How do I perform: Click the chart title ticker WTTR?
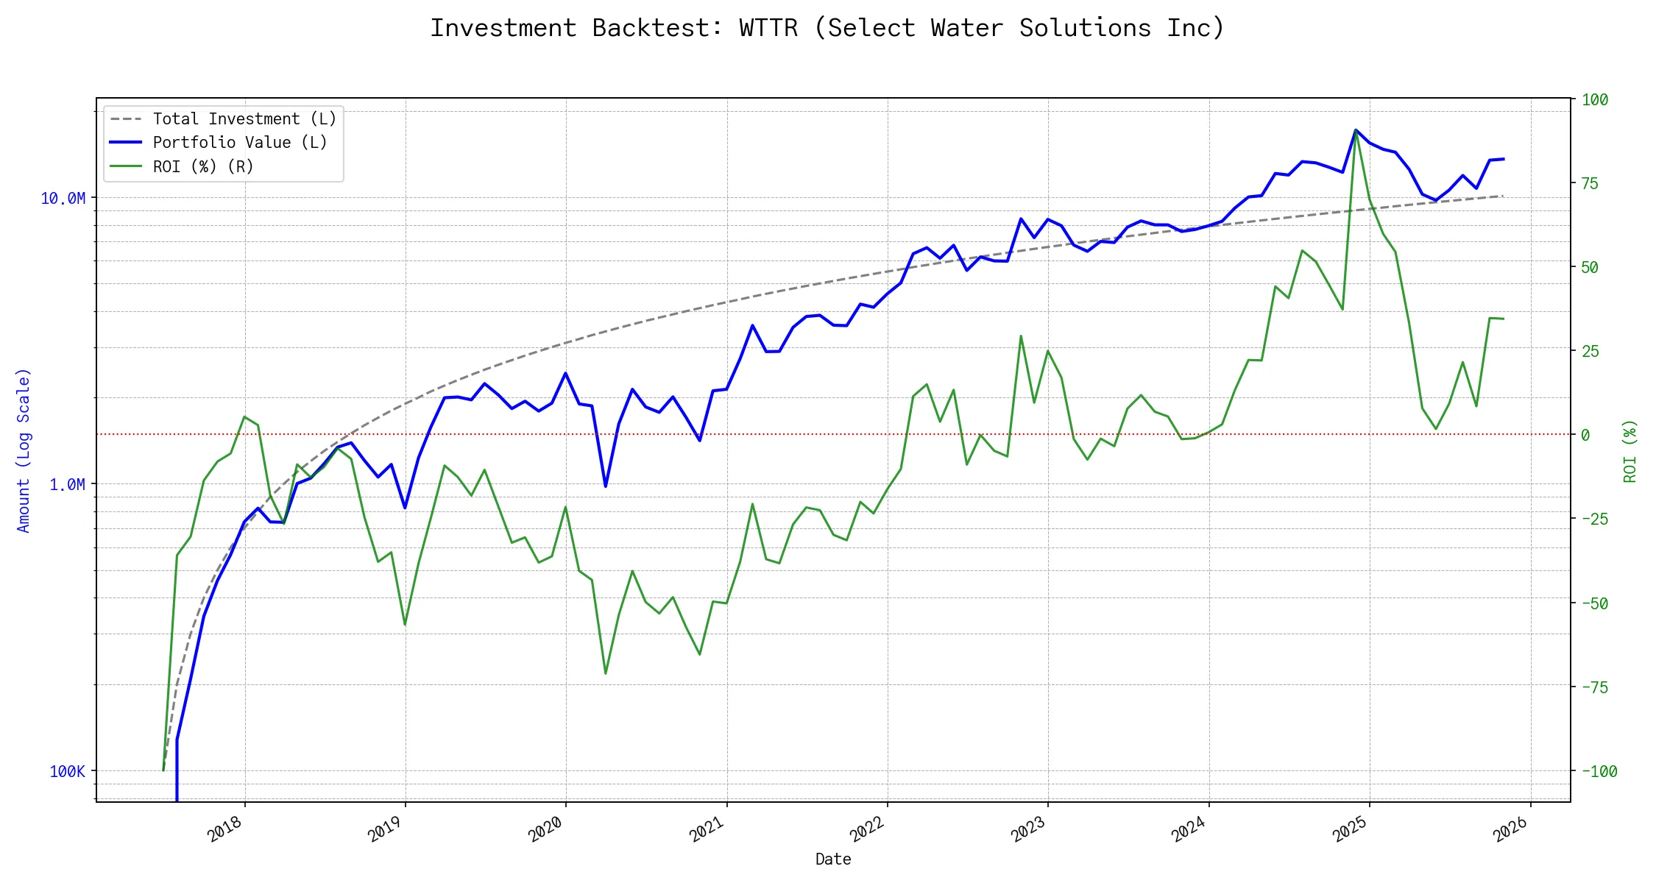click(768, 28)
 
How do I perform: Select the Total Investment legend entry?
click(244, 119)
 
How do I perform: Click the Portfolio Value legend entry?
click(239, 143)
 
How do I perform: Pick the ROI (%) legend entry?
click(202, 167)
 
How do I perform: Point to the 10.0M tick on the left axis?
click(63, 199)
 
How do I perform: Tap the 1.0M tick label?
click(67, 484)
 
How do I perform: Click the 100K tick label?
click(67, 771)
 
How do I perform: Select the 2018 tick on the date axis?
click(225, 830)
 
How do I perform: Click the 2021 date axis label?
click(707, 830)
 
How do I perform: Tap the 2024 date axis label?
click(1189, 830)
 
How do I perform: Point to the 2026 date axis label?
click(1511, 830)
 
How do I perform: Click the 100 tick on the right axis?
click(1595, 100)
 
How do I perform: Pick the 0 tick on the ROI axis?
click(1585, 435)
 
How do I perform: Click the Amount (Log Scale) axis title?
click(24, 450)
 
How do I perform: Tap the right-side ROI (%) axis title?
click(1630, 451)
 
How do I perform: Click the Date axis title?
click(833, 859)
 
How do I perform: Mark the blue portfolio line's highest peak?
click(1356, 130)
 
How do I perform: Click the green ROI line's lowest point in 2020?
click(606, 673)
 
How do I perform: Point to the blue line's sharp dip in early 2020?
click(606, 486)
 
